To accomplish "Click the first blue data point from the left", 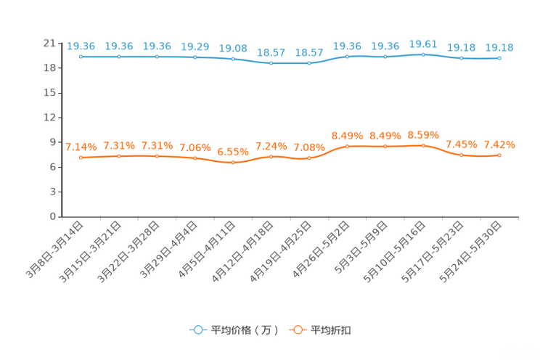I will (81, 57).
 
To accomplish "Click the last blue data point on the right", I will (499, 58).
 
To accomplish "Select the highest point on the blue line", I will (423, 54).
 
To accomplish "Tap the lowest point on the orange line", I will (233, 163).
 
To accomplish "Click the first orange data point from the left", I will (81, 157).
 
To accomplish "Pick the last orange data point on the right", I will (499, 155).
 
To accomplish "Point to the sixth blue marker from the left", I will (271, 64).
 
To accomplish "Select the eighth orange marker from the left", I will (347, 147).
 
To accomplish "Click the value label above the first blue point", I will (81, 46).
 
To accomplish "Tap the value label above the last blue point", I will (499, 48).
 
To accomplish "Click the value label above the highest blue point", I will (423, 44).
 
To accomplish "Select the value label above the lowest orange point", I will (233, 152).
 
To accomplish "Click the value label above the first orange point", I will (81, 147).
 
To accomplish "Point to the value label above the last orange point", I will (499, 144).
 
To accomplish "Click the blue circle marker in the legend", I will (197, 330).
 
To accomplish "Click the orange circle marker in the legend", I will (297, 330).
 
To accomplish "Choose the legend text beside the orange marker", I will (332, 330).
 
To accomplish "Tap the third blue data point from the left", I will (157, 56).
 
